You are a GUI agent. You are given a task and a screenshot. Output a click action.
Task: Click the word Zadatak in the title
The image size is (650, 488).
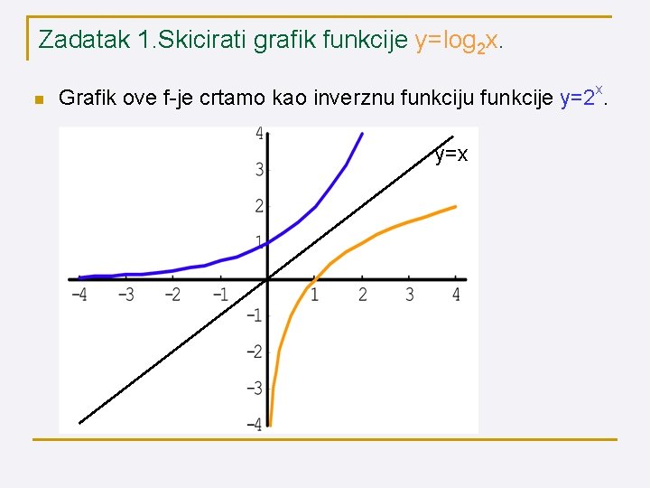tap(82, 40)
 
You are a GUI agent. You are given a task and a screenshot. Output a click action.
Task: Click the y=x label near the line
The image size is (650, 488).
tap(450, 155)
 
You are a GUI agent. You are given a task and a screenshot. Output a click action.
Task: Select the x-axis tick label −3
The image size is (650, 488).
tap(126, 296)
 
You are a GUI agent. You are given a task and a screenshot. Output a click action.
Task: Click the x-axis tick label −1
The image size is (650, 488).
tap(219, 296)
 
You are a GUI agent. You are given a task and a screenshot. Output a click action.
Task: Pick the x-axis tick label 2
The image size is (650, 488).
tap(362, 296)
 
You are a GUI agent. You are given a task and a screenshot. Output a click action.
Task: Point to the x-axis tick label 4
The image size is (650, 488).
tap(456, 296)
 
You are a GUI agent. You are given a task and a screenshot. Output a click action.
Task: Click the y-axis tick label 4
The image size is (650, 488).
tap(259, 134)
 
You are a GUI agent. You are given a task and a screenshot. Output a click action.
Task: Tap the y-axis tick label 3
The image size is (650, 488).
tap(259, 170)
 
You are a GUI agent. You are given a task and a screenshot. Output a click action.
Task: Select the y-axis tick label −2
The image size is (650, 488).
tap(255, 352)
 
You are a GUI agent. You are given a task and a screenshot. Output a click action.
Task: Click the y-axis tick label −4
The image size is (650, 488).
tap(255, 423)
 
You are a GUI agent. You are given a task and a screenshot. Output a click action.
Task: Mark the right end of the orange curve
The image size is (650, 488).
tap(456, 206)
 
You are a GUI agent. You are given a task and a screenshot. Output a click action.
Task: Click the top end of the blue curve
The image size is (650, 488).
tap(362, 133)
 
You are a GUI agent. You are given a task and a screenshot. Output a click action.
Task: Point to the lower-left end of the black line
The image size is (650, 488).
tap(79, 423)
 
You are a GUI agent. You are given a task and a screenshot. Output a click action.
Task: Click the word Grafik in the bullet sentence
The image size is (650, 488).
tap(87, 99)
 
